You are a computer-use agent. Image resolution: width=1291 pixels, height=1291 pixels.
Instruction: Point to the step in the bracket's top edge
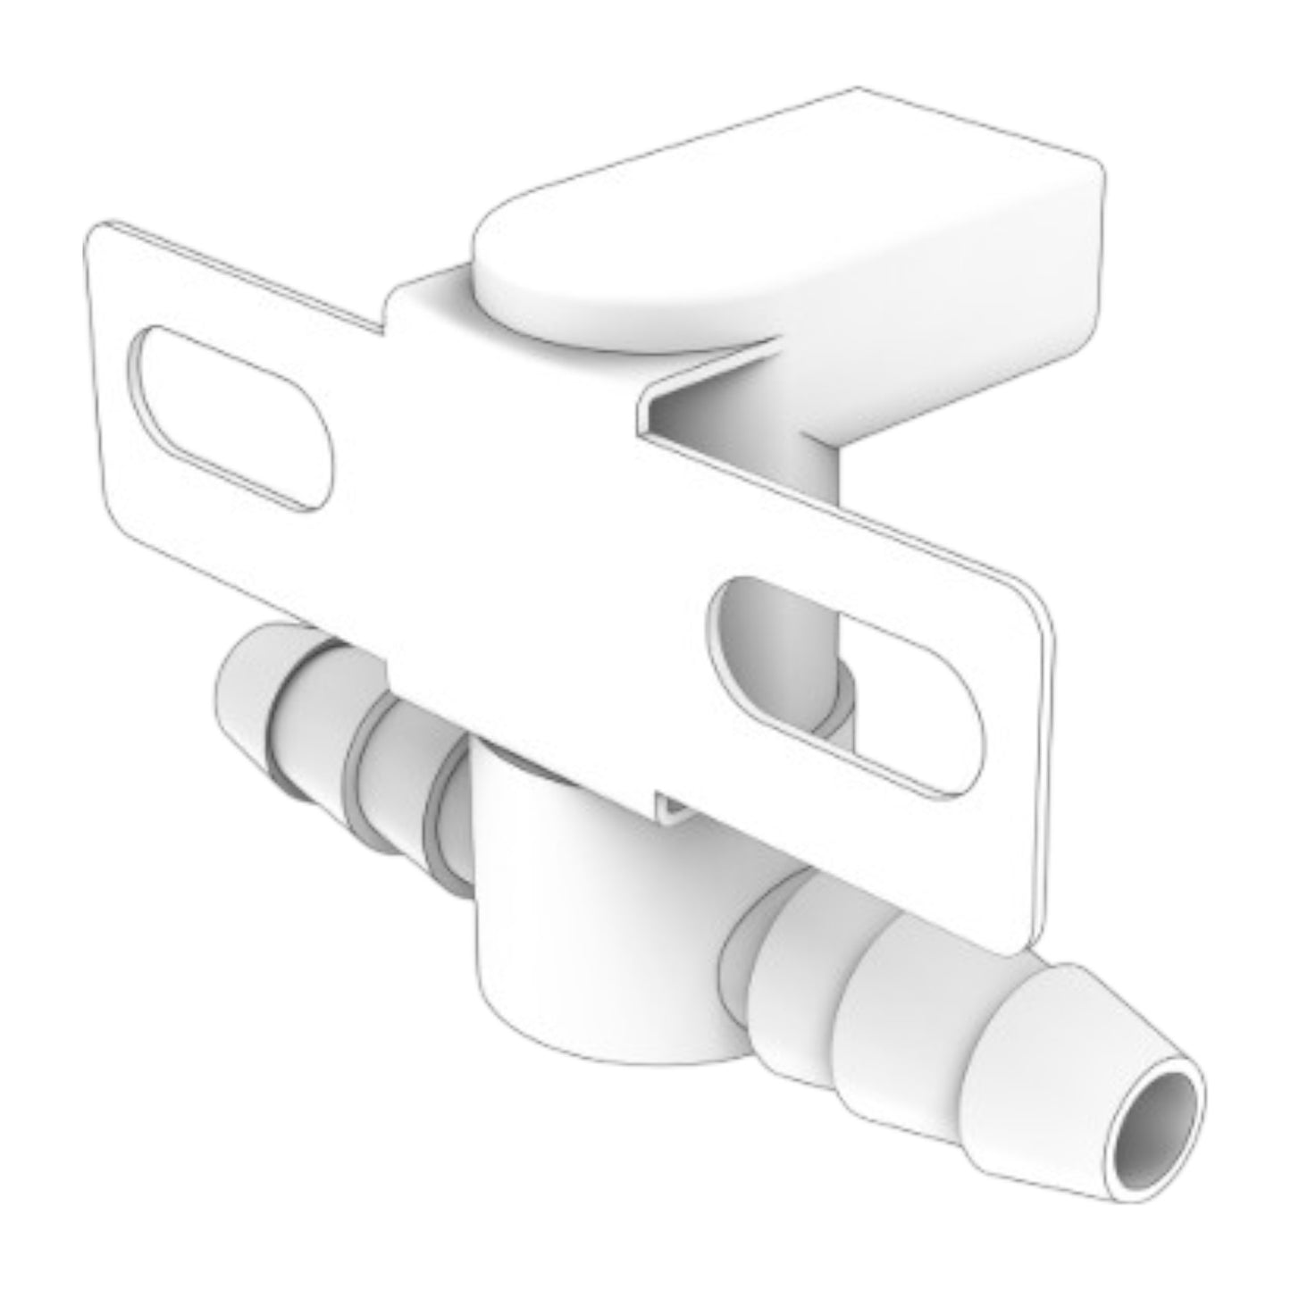click(390, 313)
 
